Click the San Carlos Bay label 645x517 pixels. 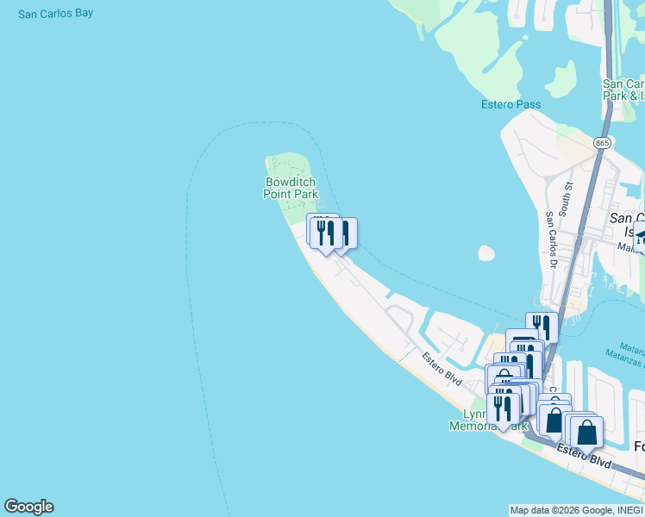pos(55,14)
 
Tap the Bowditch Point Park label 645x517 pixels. pos(291,188)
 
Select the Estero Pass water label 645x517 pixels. pos(510,105)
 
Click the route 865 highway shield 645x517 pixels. pos(602,142)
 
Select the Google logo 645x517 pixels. pos(28,507)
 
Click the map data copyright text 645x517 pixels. pos(575,510)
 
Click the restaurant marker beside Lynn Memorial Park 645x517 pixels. pos(502,408)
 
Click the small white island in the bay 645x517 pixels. pos(486,253)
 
